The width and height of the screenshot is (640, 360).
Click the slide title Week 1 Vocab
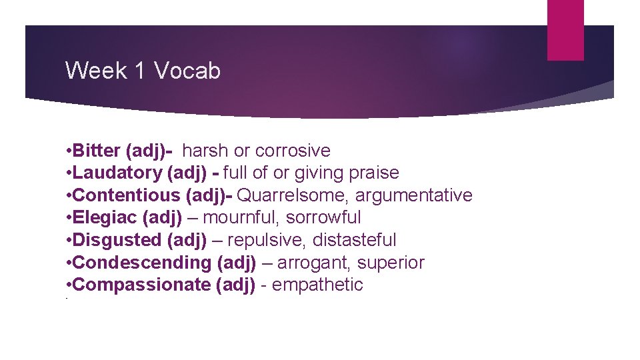[143, 70]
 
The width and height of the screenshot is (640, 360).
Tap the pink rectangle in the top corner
[565, 30]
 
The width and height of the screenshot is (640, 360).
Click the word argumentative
[413, 195]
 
